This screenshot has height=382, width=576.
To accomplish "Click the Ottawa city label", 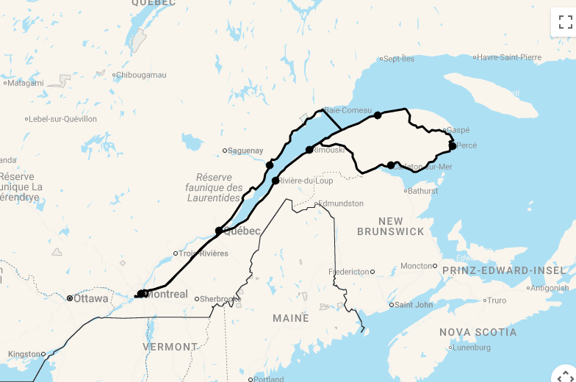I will [90, 298].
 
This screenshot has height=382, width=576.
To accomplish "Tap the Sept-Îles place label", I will [399, 59].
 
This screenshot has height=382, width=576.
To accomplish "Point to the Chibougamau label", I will [142, 75].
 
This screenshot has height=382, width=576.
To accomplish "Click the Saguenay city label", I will [245, 151].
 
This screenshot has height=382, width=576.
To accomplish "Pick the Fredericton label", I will [349, 272].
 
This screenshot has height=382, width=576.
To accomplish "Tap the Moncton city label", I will [416, 266].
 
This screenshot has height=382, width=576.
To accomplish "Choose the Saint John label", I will [414, 305].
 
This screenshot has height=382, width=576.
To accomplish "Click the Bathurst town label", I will [423, 191].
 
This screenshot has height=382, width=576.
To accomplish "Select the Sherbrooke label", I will [220, 299].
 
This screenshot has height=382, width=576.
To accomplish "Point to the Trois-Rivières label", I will [204, 253].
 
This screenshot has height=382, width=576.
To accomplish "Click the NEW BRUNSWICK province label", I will [391, 226].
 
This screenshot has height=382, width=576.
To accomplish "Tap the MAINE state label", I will [291, 318].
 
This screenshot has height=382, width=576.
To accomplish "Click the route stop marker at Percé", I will [453, 145].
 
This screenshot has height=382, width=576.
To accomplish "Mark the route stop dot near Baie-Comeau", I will [378, 115].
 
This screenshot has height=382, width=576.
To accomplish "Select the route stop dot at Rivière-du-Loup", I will [276, 181].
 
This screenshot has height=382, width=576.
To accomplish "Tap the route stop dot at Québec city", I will [219, 231].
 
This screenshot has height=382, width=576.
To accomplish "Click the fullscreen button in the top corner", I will [564, 22].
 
